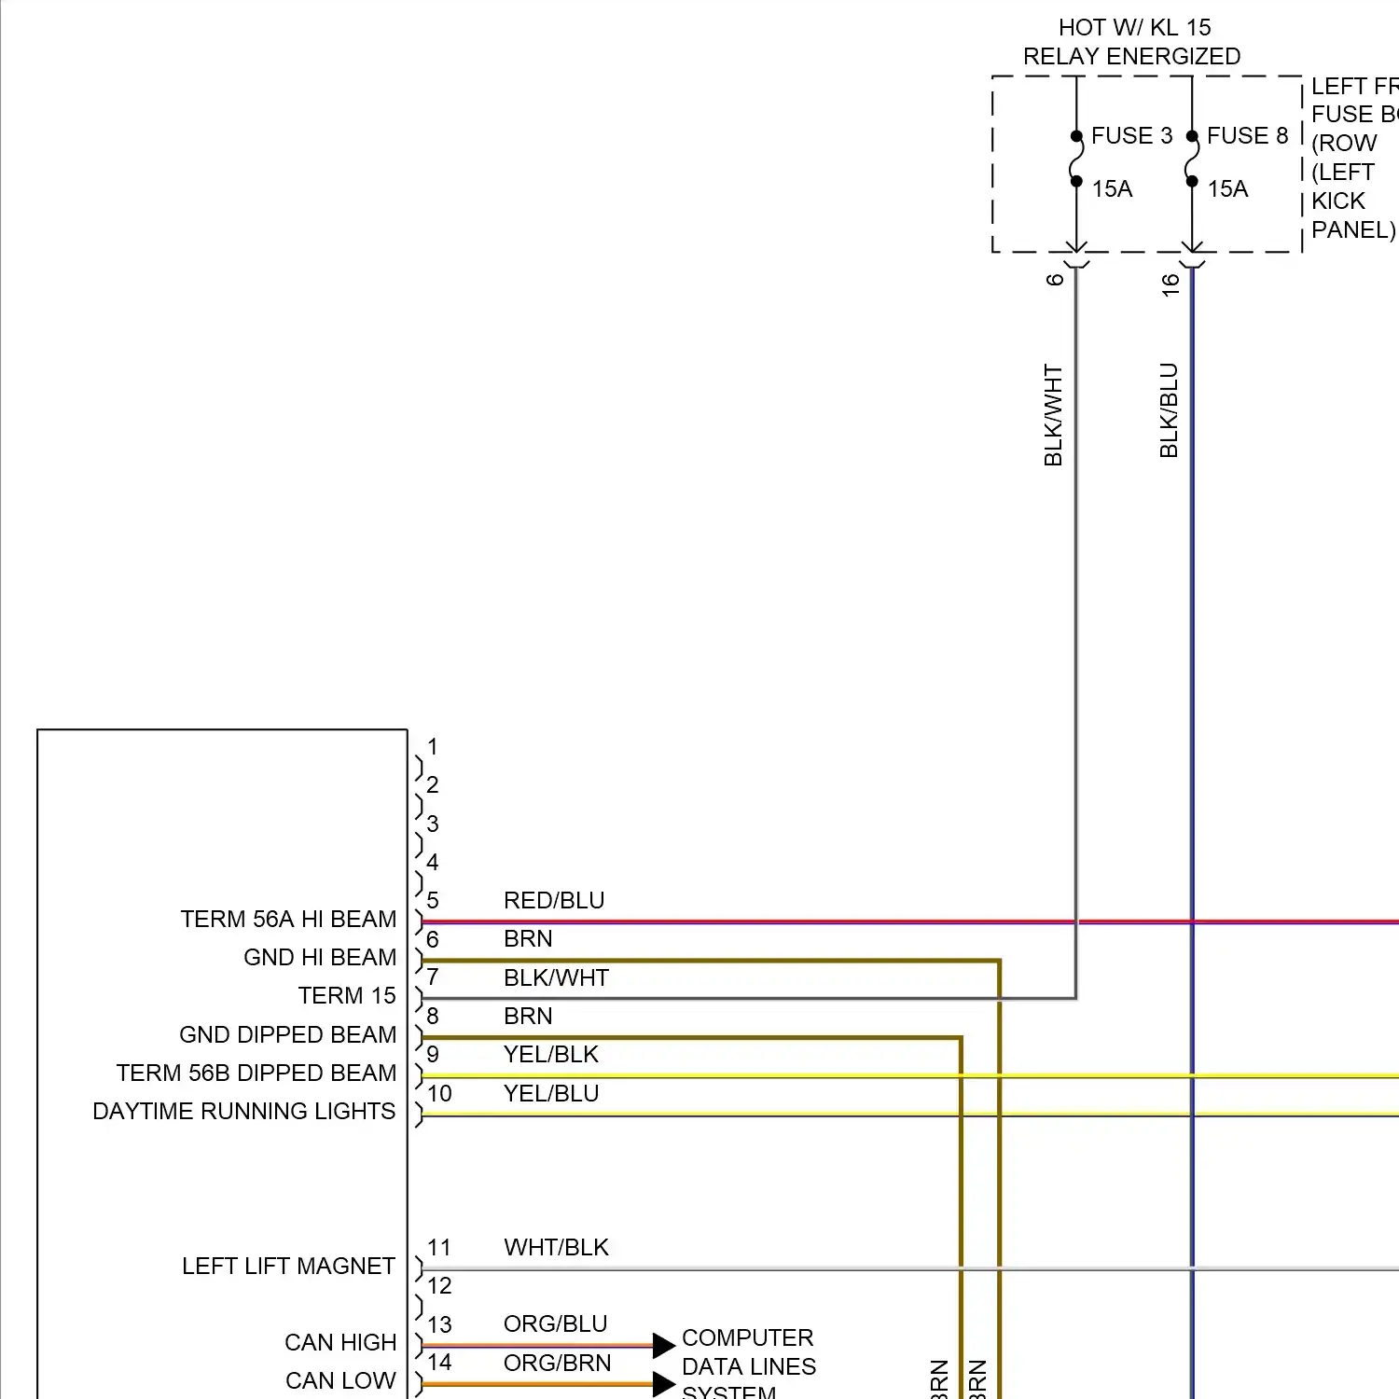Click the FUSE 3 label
(x=1131, y=136)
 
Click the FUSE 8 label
(x=1247, y=136)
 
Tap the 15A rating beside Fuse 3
(x=1112, y=189)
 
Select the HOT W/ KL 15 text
(x=1134, y=28)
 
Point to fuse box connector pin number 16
(x=1170, y=284)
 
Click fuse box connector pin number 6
(x=1055, y=280)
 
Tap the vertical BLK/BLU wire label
(x=1169, y=410)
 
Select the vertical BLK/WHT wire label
(x=1053, y=415)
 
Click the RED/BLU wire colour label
(x=554, y=901)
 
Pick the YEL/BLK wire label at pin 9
(x=551, y=1055)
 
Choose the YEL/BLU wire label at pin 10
(x=551, y=1094)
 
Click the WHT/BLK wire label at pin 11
(x=556, y=1248)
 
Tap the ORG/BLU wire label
(x=555, y=1324)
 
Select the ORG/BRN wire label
(x=557, y=1364)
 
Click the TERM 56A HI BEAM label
(x=288, y=920)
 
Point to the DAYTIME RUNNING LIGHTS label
(x=244, y=1112)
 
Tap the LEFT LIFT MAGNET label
(x=288, y=1267)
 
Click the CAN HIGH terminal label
(x=340, y=1343)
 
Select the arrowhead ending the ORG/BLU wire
(x=663, y=1346)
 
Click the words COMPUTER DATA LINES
(x=748, y=1352)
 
